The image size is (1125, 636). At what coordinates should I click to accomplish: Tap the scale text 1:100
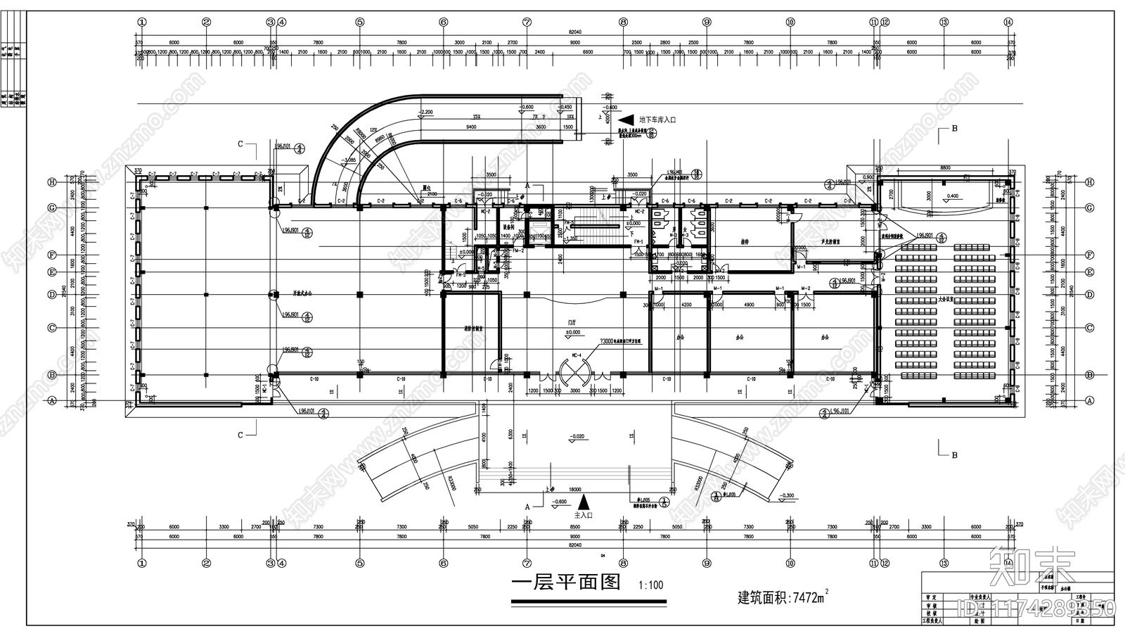click(x=650, y=585)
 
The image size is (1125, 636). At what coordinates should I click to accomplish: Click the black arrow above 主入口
click(x=583, y=502)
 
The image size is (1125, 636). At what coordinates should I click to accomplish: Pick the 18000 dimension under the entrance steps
click(x=574, y=489)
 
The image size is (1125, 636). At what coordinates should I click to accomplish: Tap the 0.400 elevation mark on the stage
click(x=952, y=196)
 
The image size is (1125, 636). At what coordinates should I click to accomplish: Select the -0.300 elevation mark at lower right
click(x=787, y=495)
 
